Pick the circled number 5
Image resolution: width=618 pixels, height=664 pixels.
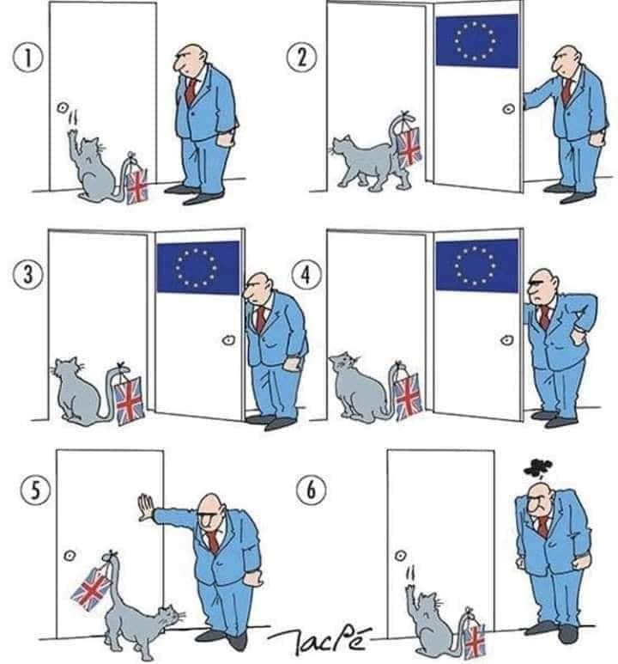(x=31, y=490)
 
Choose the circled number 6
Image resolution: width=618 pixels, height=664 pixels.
(x=307, y=490)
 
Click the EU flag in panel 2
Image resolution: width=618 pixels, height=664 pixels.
(x=476, y=40)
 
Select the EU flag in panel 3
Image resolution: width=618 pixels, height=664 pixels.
(x=197, y=267)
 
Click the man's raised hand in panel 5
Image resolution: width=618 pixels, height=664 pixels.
(x=144, y=509)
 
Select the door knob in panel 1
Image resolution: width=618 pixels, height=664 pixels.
(x=61, y=108)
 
